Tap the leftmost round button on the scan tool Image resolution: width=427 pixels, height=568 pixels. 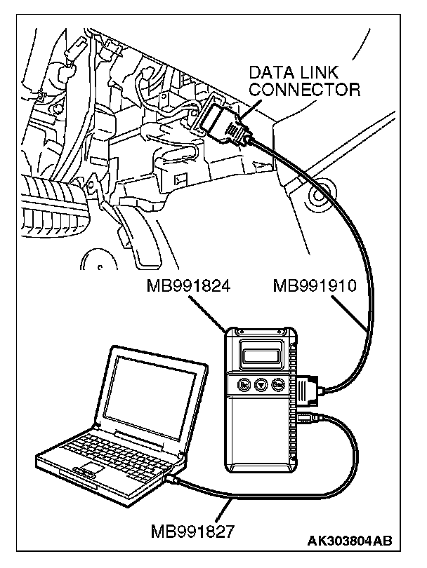pyautogui.click(x=243, y=384)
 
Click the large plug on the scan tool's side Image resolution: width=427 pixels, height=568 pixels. pyautogui.click(x=307, y=391)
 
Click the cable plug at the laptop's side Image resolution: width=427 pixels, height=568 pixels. pyautogui.click(x=173, y=480)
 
